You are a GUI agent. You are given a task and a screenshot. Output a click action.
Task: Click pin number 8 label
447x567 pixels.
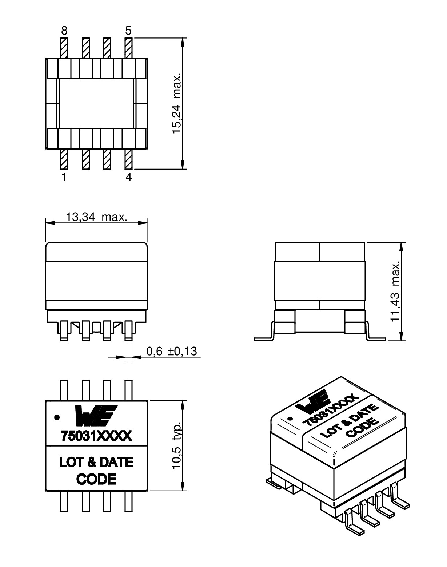pyautogui.click(x=64, y=31)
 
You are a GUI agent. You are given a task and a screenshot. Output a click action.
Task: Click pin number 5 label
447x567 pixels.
pyautogui.click(x=128, y=31)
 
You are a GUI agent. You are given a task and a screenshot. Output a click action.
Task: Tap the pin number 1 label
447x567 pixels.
pyautogui.click(x=64, y=177)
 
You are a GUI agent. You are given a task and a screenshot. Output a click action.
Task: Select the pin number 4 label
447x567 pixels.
pyautogui.click(x=128, y=177)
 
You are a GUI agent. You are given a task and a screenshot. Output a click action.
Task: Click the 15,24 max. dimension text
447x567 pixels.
pyautogui.click(x=176, y=103)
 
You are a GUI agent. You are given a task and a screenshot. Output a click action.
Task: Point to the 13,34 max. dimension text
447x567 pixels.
pyautogui.click(x=96, y=217)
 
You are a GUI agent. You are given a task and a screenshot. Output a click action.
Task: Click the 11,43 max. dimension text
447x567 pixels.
pyautogui.click(x=395, y=291)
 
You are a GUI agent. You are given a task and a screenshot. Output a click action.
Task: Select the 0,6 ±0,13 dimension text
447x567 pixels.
pyautogui.click(x=171, y=351)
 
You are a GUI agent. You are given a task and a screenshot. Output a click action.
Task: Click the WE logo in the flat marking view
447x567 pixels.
pyautogui.click(x=96, y=416)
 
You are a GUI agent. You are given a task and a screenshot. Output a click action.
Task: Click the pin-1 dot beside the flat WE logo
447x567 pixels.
pyautogui.click(x=57, y=417)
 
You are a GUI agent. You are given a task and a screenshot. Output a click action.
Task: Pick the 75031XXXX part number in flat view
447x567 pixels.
pyautogui.click(x=96, y=436)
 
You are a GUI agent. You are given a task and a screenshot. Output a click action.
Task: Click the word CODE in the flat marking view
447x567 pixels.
pyautogui.click(x=96, y=479)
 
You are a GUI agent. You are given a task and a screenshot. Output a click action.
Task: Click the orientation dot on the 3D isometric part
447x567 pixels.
pyautogui.click(x=290, y=419)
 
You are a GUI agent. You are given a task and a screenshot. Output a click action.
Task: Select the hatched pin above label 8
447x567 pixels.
pyautogui.click(x=64, y=48)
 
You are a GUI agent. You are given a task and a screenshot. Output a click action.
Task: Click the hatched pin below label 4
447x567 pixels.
pyautogui.click(x=128, y=159)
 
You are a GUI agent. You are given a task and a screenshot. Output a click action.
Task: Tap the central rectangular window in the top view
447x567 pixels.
pyautogui.click(x=96, y=104)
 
